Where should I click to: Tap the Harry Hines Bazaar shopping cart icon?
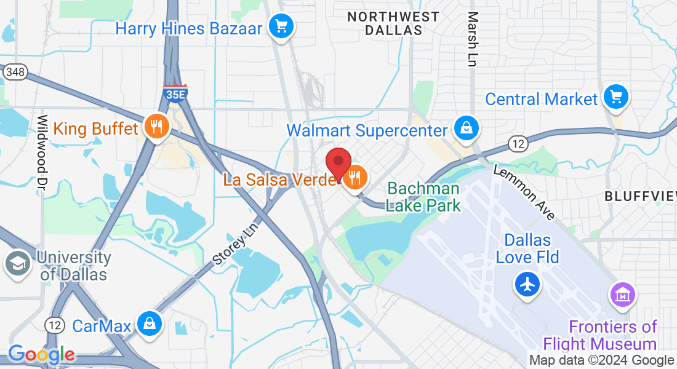point(282,26)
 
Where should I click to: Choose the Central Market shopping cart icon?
point(615,97)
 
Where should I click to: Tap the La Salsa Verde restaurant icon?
point(355,178)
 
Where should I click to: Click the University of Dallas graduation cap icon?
point(16,264)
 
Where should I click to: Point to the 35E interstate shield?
point(175,93)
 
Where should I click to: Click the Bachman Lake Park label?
point(423,197)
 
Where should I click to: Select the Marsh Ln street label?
point(472,39)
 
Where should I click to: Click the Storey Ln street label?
point(237,244)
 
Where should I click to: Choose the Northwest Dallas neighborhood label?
point(393,23)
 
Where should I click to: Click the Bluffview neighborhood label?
point(640,196)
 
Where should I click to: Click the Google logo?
point(41,354)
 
